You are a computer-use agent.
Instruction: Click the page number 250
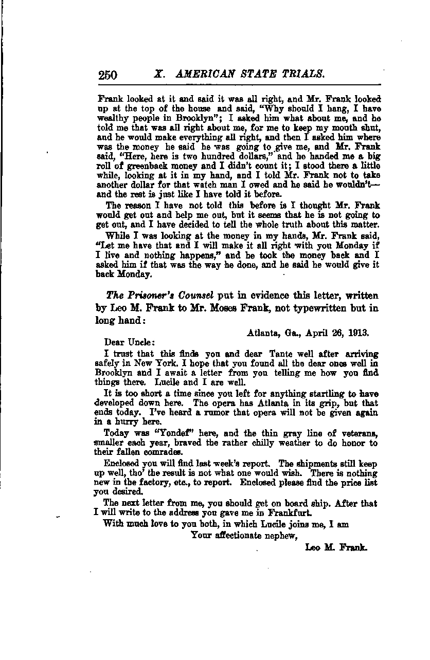(x=108, y=75)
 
